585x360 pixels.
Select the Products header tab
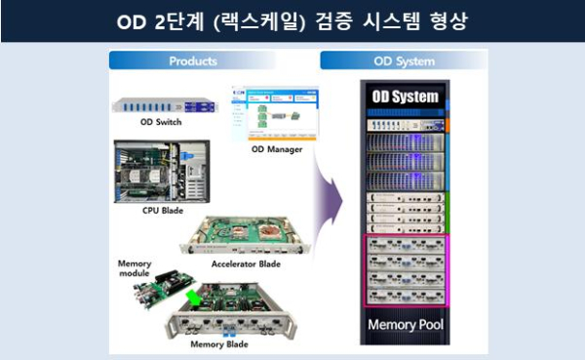[193, 61]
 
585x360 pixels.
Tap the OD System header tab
[404, 61]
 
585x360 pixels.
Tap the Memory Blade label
[219, 343]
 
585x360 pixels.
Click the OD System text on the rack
[404, 97]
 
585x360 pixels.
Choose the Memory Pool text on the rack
[404, 324]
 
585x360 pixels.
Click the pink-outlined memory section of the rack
[404, 272]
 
